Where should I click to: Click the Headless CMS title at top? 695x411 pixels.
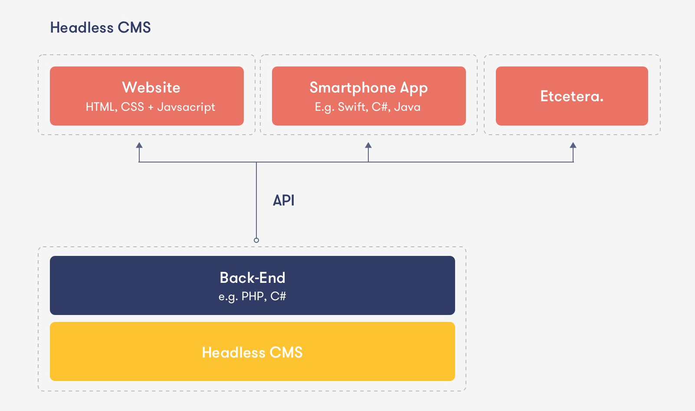(x=100, y=28)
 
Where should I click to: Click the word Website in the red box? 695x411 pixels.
(x=151, y=87)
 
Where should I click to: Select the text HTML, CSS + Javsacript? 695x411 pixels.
(x=150, y=107)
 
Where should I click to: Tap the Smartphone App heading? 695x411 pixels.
(x=368, y=88)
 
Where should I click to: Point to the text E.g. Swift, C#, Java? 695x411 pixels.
(x=367, y=107)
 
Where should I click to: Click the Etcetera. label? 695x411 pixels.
(x=572, y=96)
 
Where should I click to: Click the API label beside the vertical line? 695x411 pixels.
(x=284, y=200)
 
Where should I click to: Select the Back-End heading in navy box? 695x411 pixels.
(x=252, y=278)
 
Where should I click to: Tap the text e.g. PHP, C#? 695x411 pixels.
(x=252, y=297)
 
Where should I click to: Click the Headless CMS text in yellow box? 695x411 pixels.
(x=252, y=352)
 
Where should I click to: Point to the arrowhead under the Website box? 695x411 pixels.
(x=139, y=146)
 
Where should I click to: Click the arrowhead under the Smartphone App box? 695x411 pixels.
(x=368, y=146)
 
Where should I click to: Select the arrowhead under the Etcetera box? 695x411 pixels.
(x=573, y=146)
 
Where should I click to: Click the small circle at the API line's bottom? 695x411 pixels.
(x=256, y=240)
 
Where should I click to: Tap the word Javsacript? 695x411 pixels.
(x=186, y=107)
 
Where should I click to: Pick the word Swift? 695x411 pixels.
(x=352, y=107)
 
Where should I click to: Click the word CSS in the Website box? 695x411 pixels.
(x=132, y=107)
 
